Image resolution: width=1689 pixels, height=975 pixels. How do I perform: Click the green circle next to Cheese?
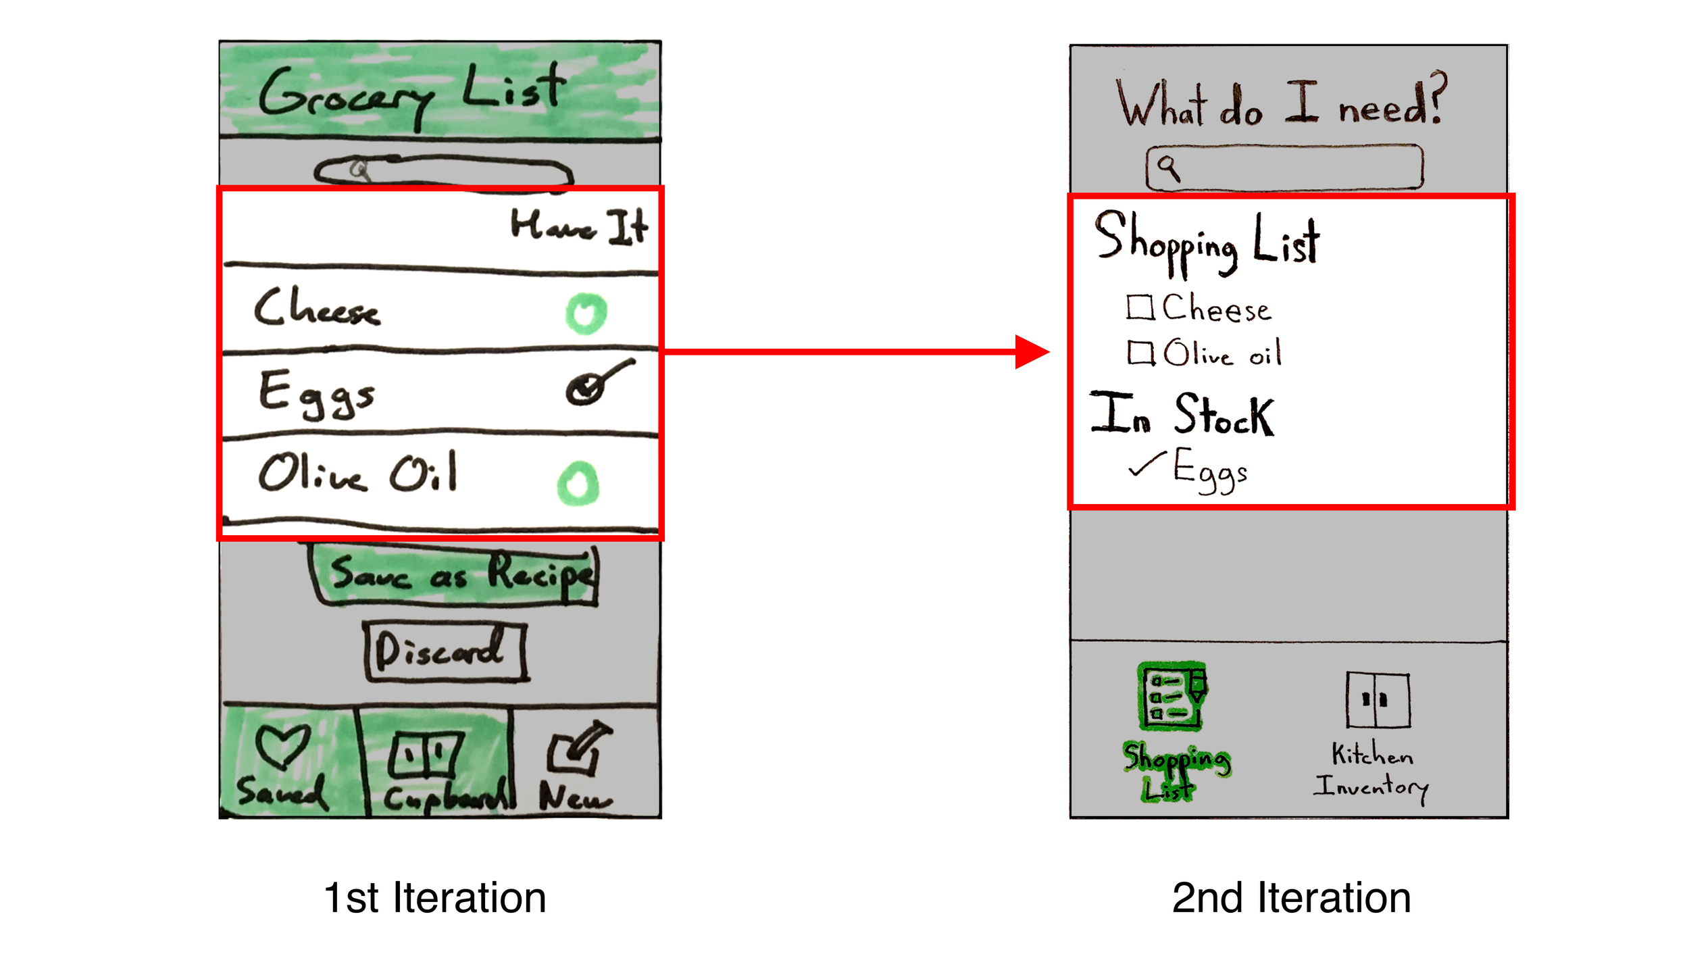pos(586,314)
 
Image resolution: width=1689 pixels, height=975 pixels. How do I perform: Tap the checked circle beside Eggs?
pos(585,389)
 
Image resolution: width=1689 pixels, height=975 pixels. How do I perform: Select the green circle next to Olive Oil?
pos(578,483)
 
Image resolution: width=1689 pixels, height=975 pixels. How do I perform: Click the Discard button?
pos(445,651)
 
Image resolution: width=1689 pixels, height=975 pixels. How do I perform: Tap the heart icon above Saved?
pos(283,746)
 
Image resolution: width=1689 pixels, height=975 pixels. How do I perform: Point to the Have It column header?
pos(579,226)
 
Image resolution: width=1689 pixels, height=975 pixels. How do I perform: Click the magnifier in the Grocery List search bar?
pos(360,169)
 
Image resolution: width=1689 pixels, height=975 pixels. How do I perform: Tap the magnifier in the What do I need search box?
pos(1169,167)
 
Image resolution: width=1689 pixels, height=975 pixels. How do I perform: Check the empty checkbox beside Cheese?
pos(1140,307)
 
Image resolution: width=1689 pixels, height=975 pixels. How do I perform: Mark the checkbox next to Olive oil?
pos(1140,352)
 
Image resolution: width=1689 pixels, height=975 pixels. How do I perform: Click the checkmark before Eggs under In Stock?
pos(1146,464)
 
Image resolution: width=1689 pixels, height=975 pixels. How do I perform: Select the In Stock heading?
pos(1182,414)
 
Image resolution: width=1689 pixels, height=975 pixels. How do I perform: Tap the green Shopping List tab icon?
pos(1172,696)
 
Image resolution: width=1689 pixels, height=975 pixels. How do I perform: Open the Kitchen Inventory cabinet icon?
pos(1378,700)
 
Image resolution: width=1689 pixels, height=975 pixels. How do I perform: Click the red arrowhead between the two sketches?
pos(1031,351)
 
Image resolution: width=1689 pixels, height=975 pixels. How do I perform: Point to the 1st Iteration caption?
pos(435,898)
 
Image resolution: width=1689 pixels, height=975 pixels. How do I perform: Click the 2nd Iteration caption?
pos(1291,898)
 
